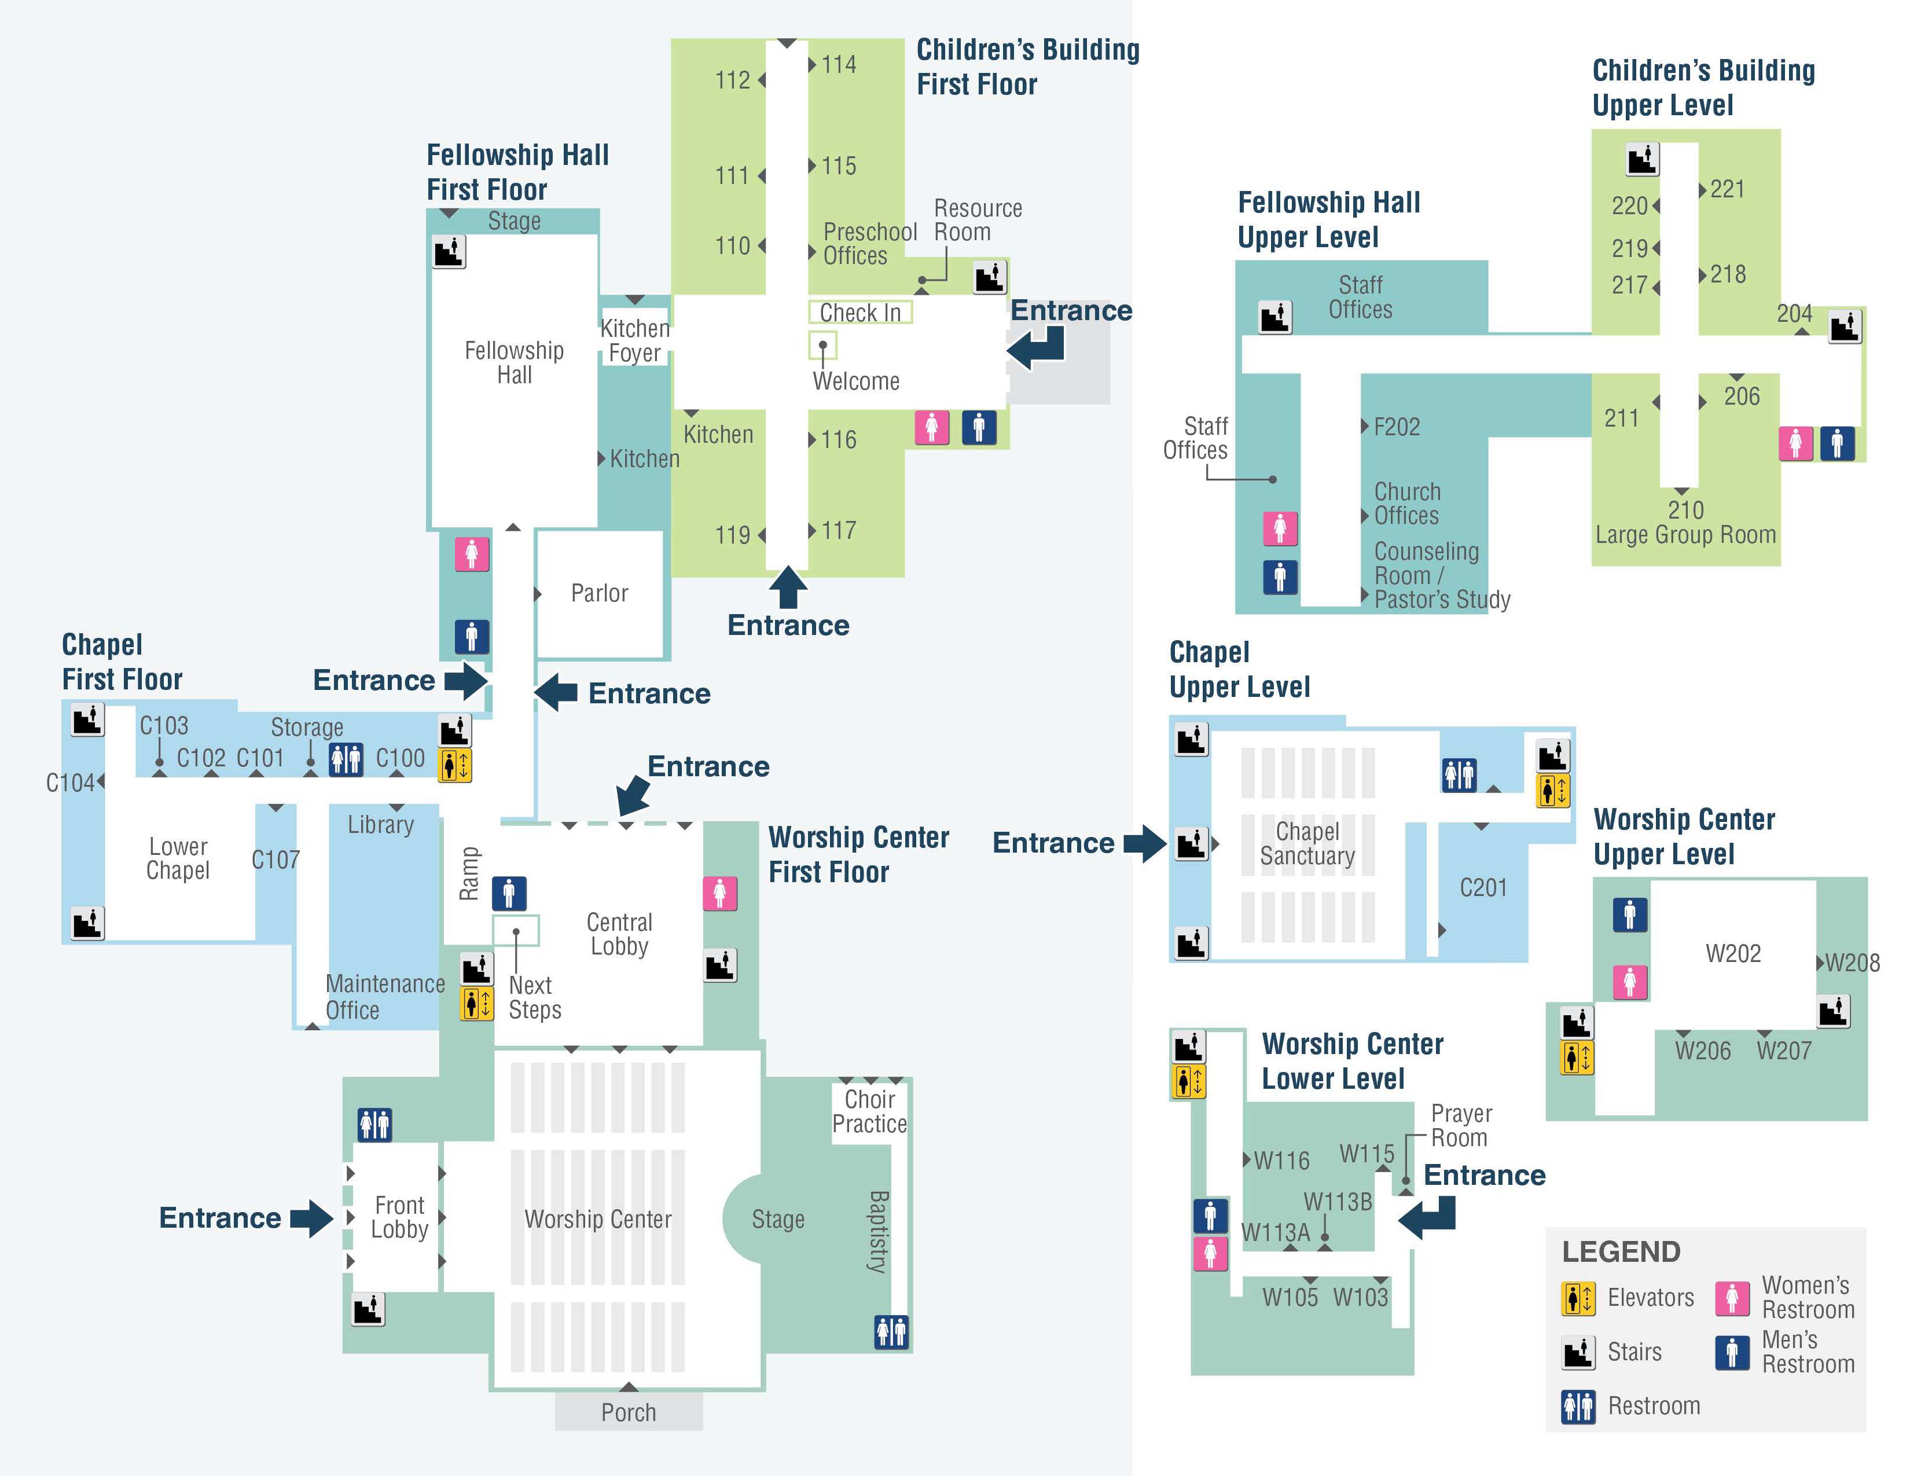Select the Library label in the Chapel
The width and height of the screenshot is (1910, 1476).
coord(380,825)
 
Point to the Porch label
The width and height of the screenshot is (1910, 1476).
coord(628,1412)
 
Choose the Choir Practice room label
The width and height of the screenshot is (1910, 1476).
coord(869,1111)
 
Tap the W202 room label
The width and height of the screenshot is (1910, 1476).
coord(1732,953)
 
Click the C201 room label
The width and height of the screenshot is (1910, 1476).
coord(1483,887)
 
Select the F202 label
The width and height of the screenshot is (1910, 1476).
coord(1396,427)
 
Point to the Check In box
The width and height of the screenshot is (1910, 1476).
coord(859,312)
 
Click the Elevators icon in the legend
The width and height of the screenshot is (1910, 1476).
coord(1578,1298)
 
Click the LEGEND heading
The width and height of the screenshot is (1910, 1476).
coord(1621,1252)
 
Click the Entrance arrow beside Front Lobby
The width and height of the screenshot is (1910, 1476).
coord(311,1217)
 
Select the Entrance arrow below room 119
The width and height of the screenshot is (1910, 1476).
coord(788,588)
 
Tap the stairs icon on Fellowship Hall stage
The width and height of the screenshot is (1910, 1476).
coord(449,252)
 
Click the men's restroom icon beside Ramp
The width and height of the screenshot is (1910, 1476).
coord(509,893)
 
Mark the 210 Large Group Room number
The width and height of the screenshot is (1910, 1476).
coord(1685,510)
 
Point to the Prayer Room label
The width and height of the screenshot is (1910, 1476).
coord(1460,1125)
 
